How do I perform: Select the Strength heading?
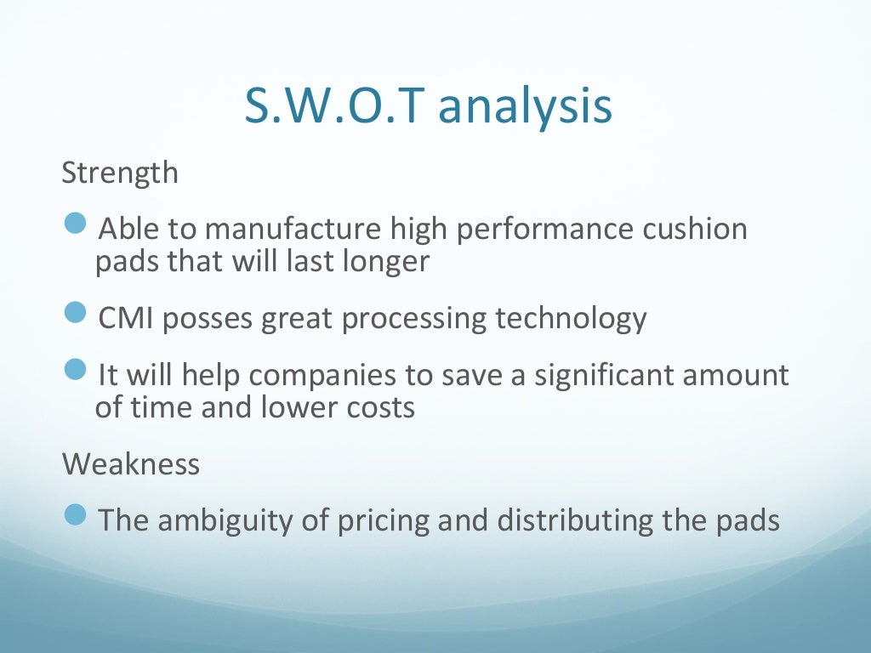(x=120, y=173)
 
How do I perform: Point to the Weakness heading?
(x=131, y=464)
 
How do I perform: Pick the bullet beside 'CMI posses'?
(x=77, y=314)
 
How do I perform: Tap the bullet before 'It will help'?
(x=77, y=371)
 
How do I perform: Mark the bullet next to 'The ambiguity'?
(x=77, y=515)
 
